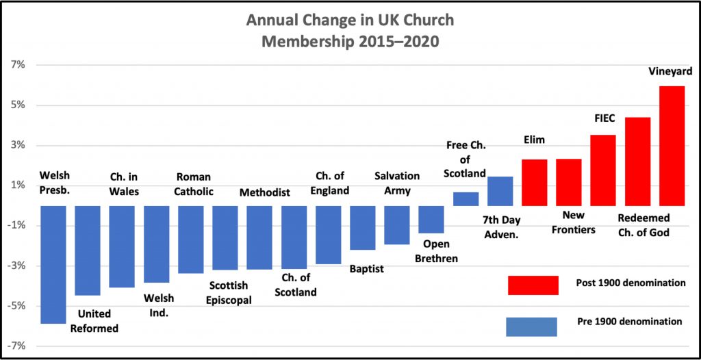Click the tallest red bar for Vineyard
672,146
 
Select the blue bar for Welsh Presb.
53,264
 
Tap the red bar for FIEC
603,170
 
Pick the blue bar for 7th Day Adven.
500,192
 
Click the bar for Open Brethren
431,220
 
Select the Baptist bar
362,228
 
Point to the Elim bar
534,183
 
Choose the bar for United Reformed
87,250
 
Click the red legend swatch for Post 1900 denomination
533,285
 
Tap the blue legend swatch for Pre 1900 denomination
531,326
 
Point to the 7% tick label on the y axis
16,65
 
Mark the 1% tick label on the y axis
16,185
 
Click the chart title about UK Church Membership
349,31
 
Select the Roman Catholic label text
194,184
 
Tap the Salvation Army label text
397,183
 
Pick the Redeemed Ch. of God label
643,226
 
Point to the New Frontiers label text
573,222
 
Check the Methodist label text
265,192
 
